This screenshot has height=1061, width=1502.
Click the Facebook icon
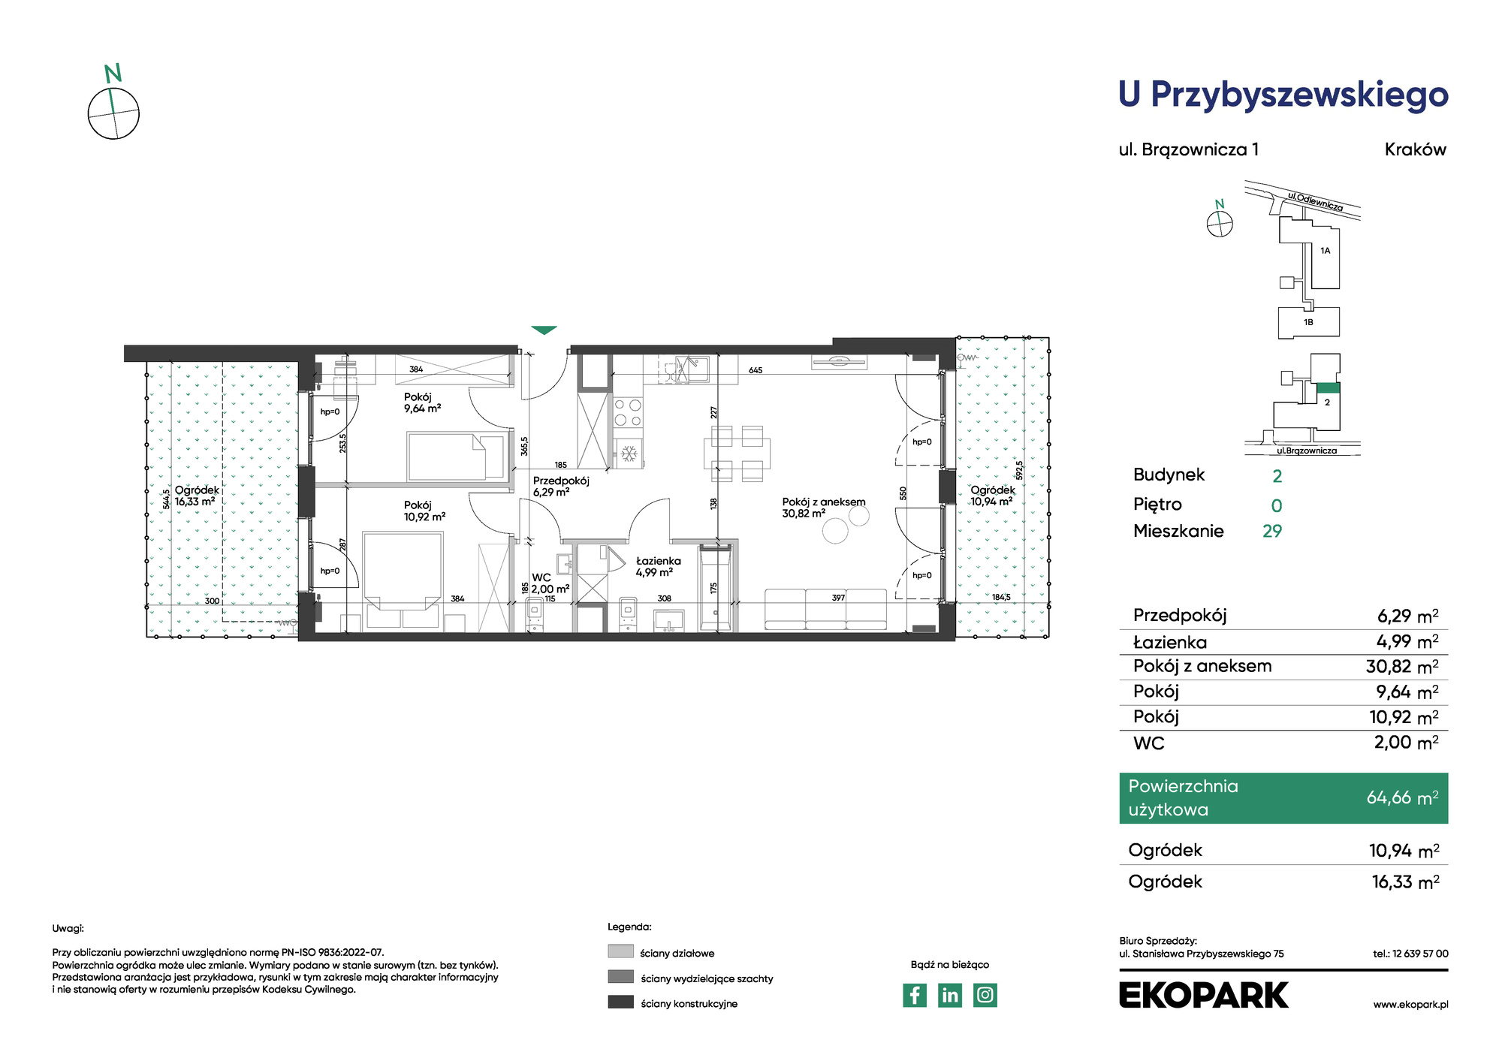point(914,995)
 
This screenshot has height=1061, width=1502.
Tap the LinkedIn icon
point(950,995)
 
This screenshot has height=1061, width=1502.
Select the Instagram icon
point(985,995)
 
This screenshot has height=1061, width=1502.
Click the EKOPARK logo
point(1203,995)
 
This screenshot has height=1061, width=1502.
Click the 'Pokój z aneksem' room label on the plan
point(824,502)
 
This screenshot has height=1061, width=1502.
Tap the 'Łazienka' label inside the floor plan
point(659,561)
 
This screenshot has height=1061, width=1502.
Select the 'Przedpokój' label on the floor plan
point(561,481)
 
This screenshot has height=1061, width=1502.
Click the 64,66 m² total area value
point(1402,797)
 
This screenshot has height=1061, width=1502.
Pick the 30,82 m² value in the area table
point(1402,666)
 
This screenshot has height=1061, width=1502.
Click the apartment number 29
point(1272,531)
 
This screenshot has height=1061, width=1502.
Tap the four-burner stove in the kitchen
point(629,411)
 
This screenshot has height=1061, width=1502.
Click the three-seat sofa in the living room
point(826,609)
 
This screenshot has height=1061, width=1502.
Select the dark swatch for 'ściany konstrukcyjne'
point(620,1002)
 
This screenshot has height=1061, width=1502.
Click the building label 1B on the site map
point(1308,322)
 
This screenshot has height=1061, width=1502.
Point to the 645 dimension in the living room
point(756,370)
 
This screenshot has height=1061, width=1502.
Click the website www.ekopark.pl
point(1410,1005)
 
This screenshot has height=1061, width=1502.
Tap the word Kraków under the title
point(1416,149)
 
